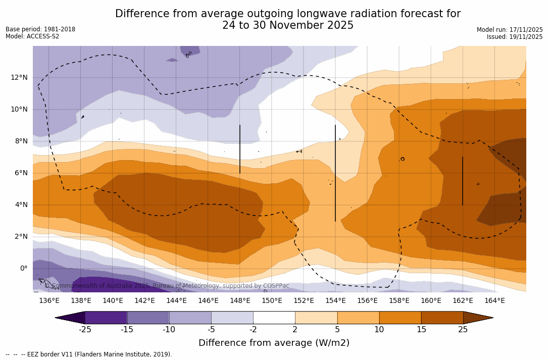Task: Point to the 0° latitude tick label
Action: click(x=23, y=268)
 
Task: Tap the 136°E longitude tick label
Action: click(x=49, y=300)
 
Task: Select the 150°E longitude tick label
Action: click(x=272, y=300)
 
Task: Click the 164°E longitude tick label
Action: click(x=494, y=300)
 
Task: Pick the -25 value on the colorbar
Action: click(x=85, y=330)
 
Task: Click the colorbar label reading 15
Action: click(x=421, y=330)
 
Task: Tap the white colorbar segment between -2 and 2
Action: click(x=274, y=318)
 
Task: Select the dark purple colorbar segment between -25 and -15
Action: click(x=106, y=318)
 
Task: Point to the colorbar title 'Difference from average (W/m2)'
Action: click(x=274, y=343)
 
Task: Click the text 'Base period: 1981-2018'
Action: click(x=40, y=29)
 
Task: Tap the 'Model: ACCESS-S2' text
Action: click(x=32, y=36)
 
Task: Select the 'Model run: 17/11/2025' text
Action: click(x=510, y=30)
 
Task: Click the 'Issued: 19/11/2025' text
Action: click(x=515, y=37)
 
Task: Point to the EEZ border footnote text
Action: click(x=88, y=354)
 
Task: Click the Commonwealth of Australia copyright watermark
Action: click(x=167, y=286)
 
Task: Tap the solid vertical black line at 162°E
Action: click(x=463, y=181)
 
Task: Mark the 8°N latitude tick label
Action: click(x=22, y=141)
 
